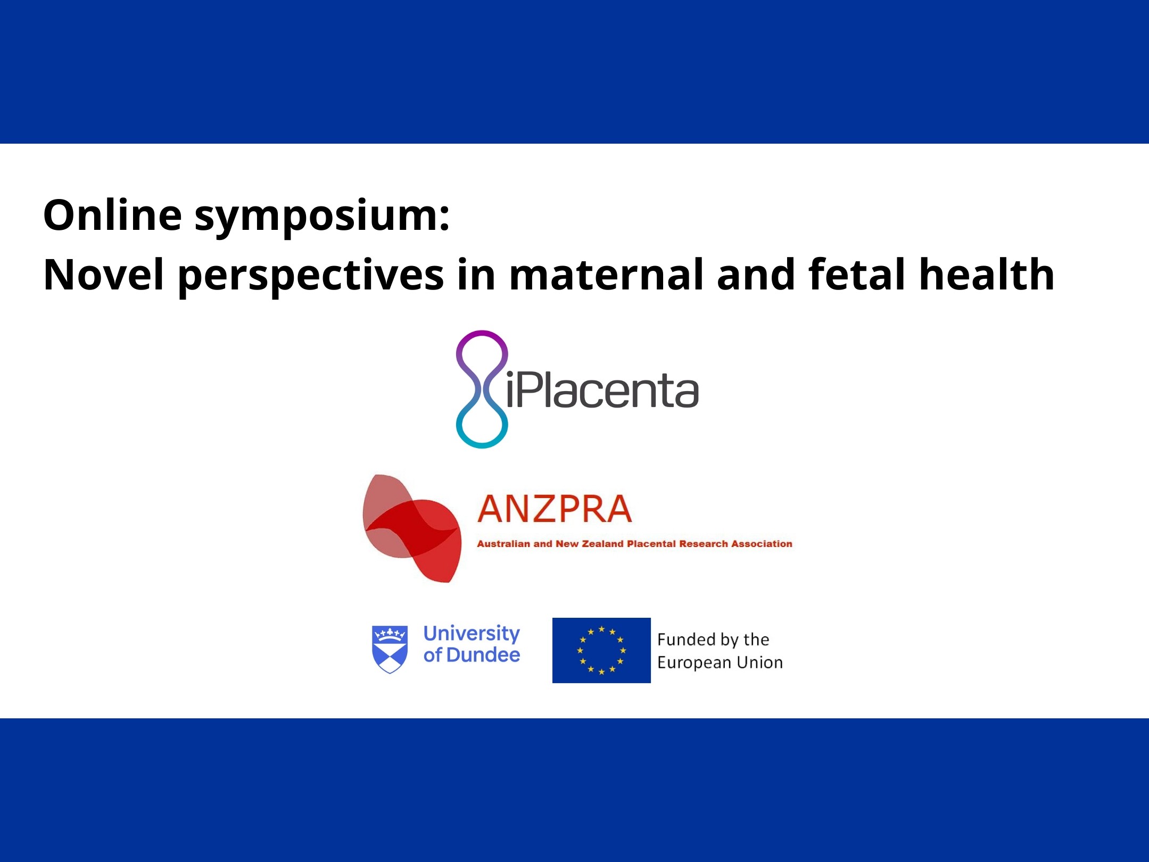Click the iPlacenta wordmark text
coord(602,389)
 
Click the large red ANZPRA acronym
coord(555,509)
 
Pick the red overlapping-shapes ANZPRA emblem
coord(412,528)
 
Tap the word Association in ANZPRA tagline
coord(762,544)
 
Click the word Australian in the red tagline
coord(503,544)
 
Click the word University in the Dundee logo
coord(472,634)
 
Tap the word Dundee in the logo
coord(483,655)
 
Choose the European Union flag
coord(601,650)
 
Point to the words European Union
coord(720,663)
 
